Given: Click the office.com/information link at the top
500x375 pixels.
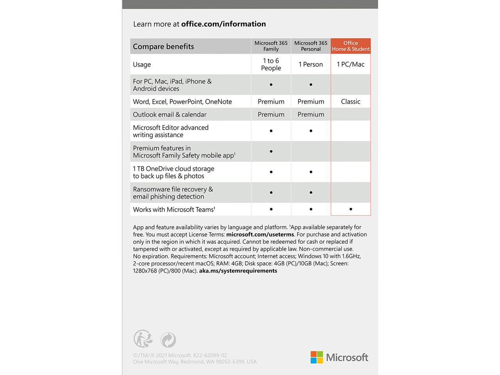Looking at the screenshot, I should pyautogui.click(x=223, y=24).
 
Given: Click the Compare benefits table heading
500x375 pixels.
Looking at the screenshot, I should pyautogui.click(x=163, y=46).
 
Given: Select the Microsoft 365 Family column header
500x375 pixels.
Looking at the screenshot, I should pyautogui.click(x=271, y=46).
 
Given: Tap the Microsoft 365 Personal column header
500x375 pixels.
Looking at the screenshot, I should pyautogui.click(x=311, y=46).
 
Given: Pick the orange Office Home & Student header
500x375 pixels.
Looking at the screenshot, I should pyautogui.click(x=350, y=46).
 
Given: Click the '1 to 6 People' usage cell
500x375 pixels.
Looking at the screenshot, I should pyautogui.click(x=271, y=64).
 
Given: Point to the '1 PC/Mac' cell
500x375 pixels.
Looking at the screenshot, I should pyautogui.click(x=350, y=64).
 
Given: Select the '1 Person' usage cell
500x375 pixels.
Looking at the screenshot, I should pyautogui.click(x=311, y=64).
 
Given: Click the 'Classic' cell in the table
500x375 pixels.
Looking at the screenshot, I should pyautogui.click(x=350, y=102).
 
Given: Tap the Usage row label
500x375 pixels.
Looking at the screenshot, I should pyautogui.click(x=142, y=64).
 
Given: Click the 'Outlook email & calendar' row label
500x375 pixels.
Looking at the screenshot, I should pyautogui.click(x=170, y=114).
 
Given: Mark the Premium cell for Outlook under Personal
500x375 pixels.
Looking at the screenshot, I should pyautogui.click(x=311, y=114).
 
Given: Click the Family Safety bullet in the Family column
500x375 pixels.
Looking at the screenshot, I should pyautogui.click(x=271, y=152).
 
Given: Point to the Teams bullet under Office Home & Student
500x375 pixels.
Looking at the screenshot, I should pyautogui.click(x=351, y=209).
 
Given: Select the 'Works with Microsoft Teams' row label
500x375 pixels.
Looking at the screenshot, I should pyautogui.click(x=174, y=210).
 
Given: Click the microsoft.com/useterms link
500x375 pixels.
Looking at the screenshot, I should pyautogui.click(x=260, y=234).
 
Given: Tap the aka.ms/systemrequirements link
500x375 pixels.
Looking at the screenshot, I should pyautogui.click(x=238, y=271).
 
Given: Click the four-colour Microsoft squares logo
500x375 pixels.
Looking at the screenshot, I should pyautogui.click(x=317, y=357).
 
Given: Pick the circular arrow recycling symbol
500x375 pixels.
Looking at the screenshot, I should pyautogui.click(x=168, y=340).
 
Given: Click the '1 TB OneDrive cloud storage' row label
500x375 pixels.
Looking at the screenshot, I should pyautogui.click(x=173, y=172).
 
